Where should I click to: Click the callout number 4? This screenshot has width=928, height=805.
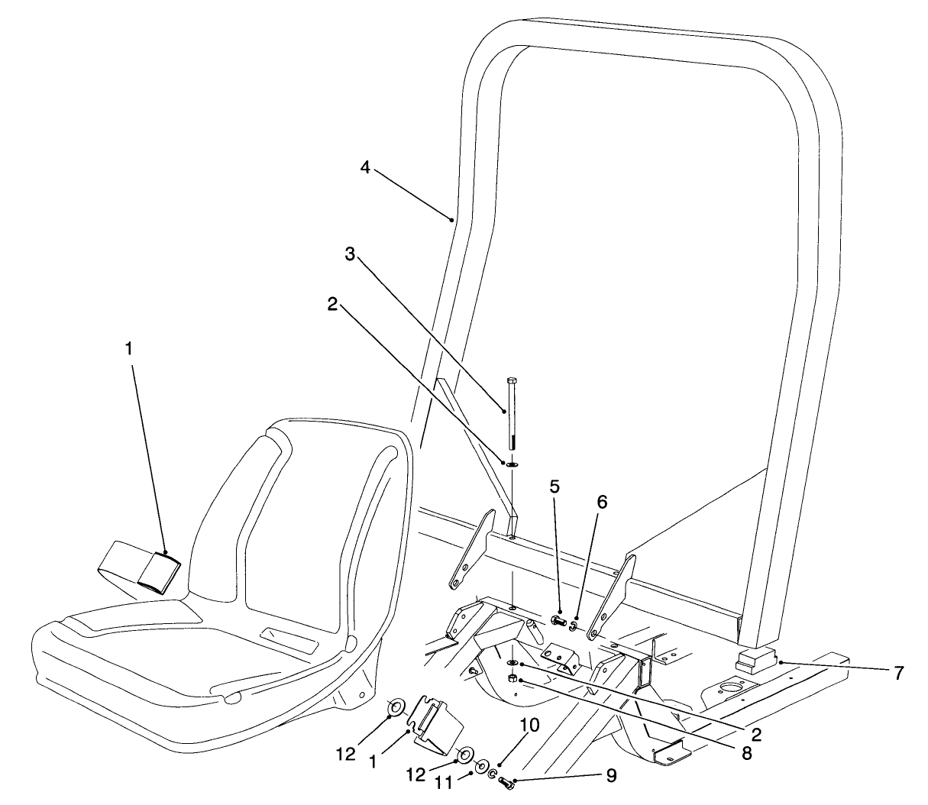tap(365, 167)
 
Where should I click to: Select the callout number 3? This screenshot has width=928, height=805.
tap(350, 254)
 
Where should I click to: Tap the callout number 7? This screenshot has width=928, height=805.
tap(898, 673)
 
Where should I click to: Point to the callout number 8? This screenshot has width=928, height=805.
tap(745, 753)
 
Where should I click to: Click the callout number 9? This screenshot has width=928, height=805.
tap(610, 776)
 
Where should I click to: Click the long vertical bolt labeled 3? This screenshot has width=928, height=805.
tap(511, 412)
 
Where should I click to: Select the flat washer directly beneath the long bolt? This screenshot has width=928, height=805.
tap(512, 464)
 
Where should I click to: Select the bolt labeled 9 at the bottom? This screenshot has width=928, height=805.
tap(507, 783)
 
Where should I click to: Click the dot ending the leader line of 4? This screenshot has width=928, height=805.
tap(451, 220)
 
